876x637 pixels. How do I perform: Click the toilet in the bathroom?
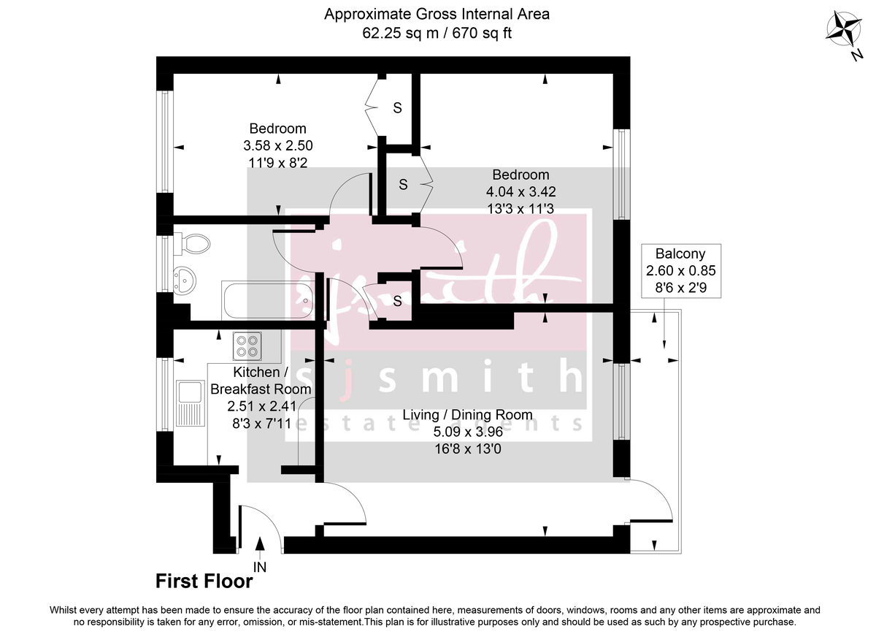coord(192,243)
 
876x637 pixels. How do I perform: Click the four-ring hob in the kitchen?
coord(247,345)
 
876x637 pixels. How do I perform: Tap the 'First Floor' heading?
coord(204,581)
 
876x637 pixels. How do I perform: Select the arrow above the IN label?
coord(260,546)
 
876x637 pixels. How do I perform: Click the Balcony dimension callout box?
coord(680,272)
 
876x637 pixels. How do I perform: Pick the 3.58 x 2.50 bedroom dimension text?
coord(277,145)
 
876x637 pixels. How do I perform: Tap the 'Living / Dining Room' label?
coord(467,415)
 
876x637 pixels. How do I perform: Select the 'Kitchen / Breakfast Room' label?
coord(261,381)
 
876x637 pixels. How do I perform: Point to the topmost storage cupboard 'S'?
coord(397,108)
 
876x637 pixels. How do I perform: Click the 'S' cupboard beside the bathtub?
coord(397,301)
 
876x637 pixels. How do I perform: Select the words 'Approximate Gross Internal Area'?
coord(437,13)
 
